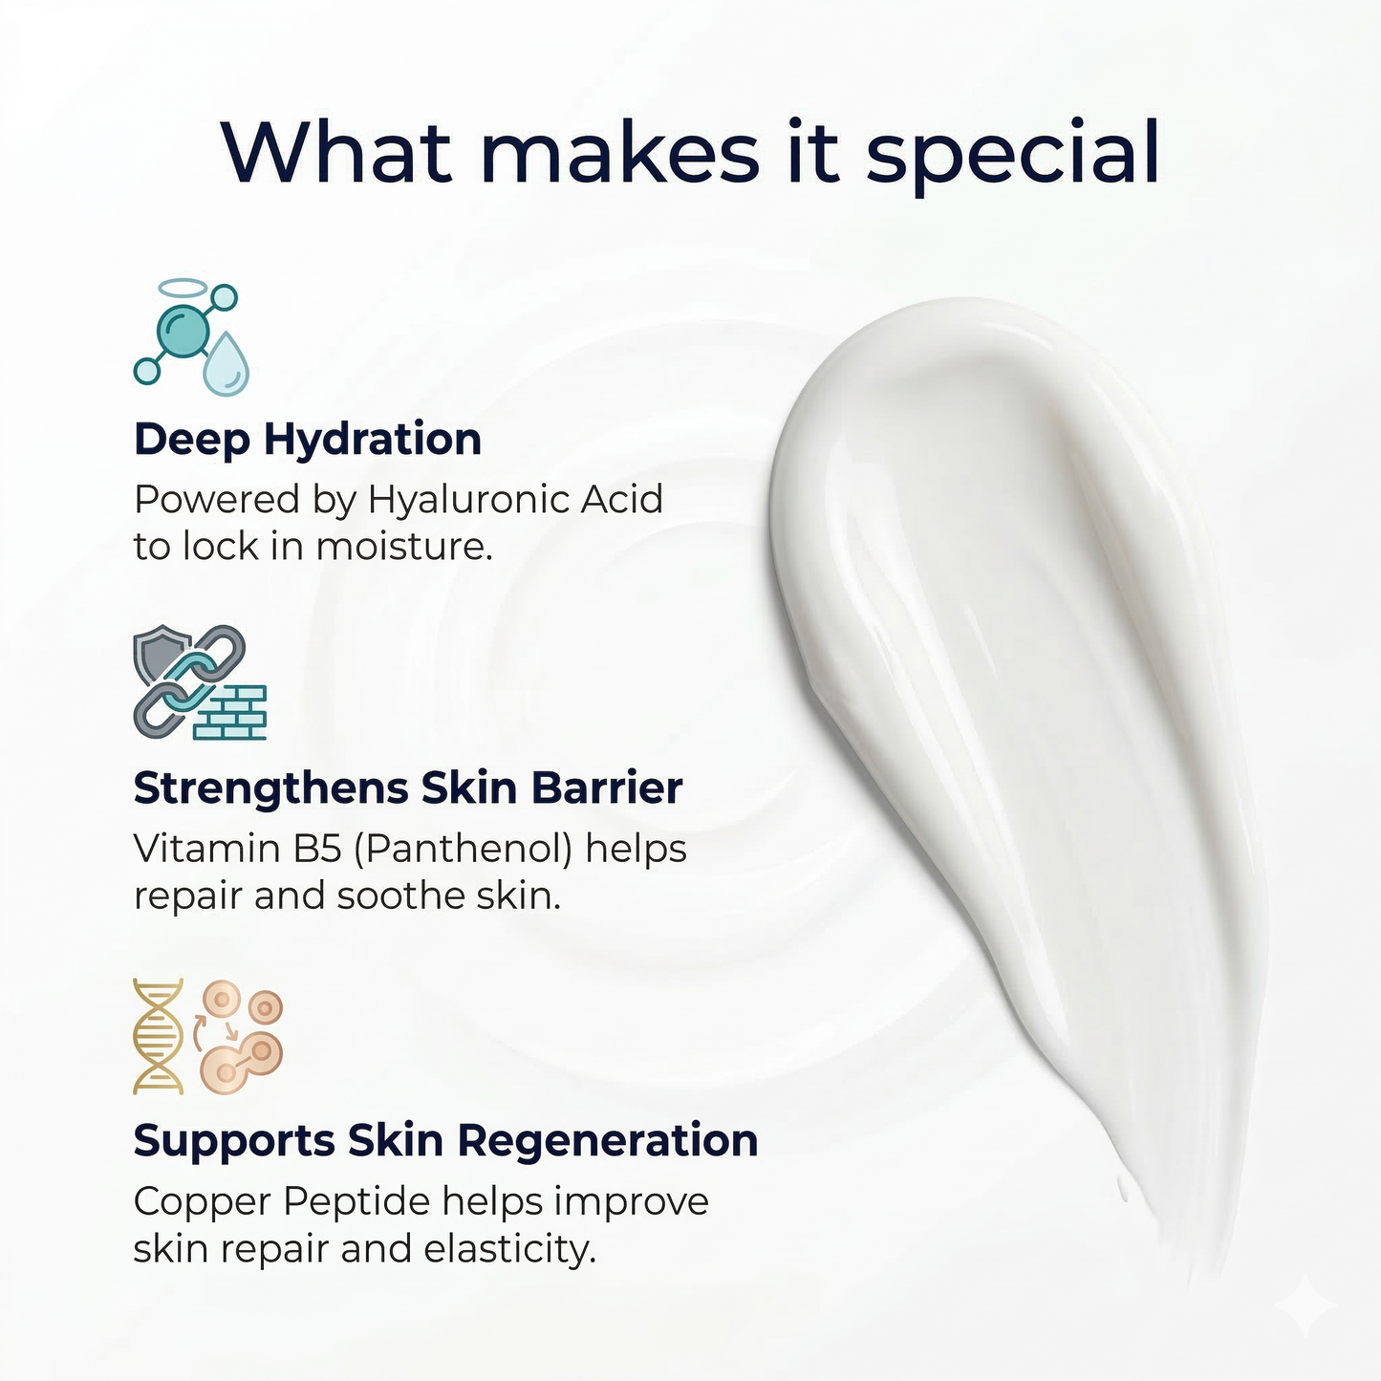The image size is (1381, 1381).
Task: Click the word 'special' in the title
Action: (1012, 153)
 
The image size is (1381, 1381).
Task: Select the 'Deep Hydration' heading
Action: (307, 440)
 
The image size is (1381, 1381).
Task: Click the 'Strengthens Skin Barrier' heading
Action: (407, 788)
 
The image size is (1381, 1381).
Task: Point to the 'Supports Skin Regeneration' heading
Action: (444, 1140)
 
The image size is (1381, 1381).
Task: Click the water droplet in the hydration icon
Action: (226, 364)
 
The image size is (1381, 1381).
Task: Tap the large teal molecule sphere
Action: (183, 331)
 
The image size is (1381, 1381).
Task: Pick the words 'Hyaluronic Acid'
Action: (515, 499)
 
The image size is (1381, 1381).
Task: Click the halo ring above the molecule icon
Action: (182, 287)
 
